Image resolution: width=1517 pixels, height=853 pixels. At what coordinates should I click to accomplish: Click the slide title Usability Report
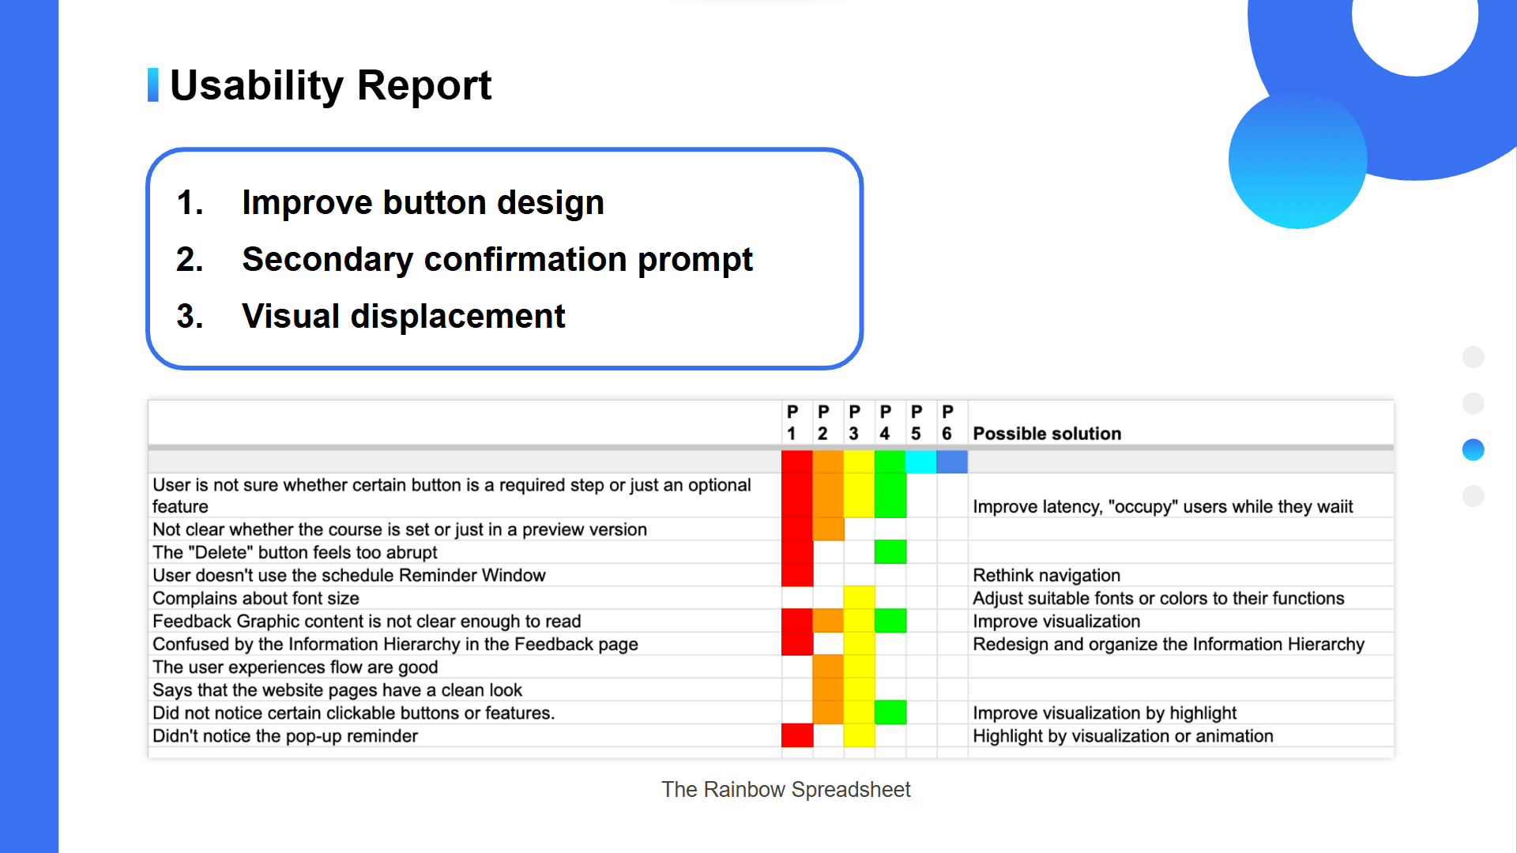tap(330, 85)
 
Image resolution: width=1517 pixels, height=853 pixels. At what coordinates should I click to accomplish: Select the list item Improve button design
tap(423, 203)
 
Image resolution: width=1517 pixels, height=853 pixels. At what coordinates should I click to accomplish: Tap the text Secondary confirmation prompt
tap(497, 260)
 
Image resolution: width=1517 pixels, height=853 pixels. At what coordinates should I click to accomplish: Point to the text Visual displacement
tap(403, 317)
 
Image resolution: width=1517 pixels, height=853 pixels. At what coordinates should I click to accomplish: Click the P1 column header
tap(792, 423)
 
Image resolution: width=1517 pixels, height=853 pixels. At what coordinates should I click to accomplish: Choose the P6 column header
tap(947, 423)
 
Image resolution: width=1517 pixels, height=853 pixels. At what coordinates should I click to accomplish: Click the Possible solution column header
tap(1047, 434)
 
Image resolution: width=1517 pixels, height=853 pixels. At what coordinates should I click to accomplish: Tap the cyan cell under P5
tap(920, 462)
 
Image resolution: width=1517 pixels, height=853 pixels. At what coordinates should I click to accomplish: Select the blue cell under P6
tap(952, 462)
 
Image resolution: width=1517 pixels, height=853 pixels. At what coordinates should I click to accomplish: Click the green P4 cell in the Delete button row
tap(890, 552)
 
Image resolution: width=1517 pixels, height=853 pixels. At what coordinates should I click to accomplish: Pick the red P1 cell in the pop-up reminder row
tap(797, 735)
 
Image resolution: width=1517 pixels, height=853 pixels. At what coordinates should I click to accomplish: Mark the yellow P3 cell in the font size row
tap(859, 598)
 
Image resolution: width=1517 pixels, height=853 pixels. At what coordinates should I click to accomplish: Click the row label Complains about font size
tap(255, 599)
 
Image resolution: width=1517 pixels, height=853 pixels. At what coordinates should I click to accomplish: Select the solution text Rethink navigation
tap(1046, 576)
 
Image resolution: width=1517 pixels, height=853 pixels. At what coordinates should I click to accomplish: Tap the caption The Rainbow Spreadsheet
tap(785, 790)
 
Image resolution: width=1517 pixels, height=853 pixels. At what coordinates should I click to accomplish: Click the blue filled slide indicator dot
tap(1473, 450)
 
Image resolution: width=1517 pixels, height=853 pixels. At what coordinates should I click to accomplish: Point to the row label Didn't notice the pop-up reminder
tap(284, 736)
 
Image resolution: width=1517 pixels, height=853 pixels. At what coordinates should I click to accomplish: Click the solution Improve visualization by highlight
tap(1104, 713)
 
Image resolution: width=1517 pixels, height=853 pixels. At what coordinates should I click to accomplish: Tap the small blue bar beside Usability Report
tap(153, 85)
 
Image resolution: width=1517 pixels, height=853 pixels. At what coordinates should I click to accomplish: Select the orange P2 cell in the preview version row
tap(828, 529)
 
